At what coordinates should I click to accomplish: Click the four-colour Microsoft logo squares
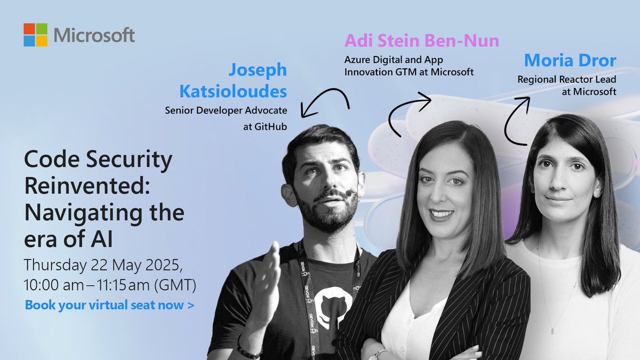[x=36, y=35]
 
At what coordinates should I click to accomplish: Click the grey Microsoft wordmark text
[x=94, y=35]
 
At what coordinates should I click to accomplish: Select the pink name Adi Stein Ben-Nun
[x=422, y=41]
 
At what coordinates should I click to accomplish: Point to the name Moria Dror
[x=570, y=60]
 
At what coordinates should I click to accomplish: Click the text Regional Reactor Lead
[x=567, y=80]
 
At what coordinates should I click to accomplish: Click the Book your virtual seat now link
[x=109, y=306]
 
